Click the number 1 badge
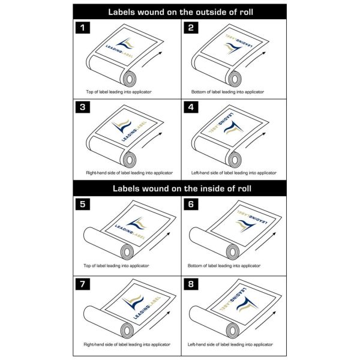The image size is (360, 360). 83,28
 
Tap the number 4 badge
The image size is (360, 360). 191,107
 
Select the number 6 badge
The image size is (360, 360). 191,204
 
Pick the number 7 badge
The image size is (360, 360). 83,284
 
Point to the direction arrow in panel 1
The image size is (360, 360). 151,59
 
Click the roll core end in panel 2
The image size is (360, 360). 235,79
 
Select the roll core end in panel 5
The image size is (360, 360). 127,252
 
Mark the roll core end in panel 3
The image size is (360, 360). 130,160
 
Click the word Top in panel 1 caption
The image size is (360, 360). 89,92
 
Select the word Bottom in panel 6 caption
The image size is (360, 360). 194,266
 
